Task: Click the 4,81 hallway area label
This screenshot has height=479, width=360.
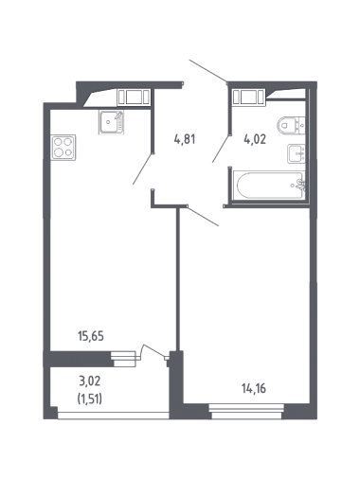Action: point(185,139)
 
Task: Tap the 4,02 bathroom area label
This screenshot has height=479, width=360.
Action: point(255,139)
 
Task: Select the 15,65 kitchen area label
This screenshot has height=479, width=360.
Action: point(91,336)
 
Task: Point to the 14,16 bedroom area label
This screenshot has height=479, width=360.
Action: point(254,388)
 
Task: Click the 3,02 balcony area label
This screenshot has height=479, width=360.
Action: point(90,381)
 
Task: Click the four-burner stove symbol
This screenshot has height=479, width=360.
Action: point(63,147)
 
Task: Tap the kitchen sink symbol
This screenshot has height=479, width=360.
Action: point(111,122)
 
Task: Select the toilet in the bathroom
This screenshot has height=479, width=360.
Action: point(291,125)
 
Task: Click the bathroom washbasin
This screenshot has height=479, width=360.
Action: point(297,153)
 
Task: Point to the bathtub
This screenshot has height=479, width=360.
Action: point(269,186)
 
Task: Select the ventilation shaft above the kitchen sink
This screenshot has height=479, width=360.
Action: point(134,97)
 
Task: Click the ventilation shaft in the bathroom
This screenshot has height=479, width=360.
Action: point(248,97)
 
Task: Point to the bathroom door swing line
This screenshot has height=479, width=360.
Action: point(221,149)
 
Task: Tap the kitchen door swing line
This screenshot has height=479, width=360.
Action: point(143,169)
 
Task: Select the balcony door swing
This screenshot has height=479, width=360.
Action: point(153,351)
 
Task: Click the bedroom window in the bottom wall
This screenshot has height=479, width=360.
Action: point(246,412)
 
